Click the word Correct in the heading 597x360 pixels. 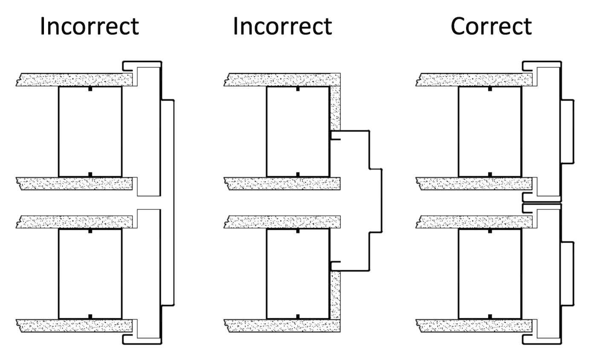pyautogui.click(x=491, y=26)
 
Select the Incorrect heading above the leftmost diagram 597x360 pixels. pyautogui.click(x=89, y=26)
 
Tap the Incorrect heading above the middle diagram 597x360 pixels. pyautogui.click(x=282, y=26)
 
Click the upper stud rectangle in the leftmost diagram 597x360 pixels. pyautogui.click(x=90, y=131)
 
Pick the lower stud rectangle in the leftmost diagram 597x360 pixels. pyautogui.click(x=90, y=273)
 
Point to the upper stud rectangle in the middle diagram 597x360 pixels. pyautogui.click(x=298, y=131)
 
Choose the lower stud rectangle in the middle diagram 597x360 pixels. pyautogui.click(x=298, y=273)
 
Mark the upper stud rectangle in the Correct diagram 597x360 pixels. pyautogui.click(x=490, y=131)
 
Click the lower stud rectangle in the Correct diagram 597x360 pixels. pyautogui.click(x=490, y=273)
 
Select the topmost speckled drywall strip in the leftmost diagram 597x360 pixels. pyautogui.click(x=75, y=80)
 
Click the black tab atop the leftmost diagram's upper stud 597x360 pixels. pyautogui.click(x=90, y=89)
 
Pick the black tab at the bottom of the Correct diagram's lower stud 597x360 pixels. pyautogui.click(x=490, y=316)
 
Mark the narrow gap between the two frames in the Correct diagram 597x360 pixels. pyautogui.click(x=542, y=203)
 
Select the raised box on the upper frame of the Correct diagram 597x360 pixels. pyautogui.click(x=568, y=131)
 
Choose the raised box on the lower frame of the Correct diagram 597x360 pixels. pyautogui.click(x=568, y=273)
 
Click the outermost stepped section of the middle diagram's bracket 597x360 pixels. pyautogui.click(x=375, y=201)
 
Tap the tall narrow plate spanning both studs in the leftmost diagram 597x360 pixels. pyautogui.click(x=168, y=203)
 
